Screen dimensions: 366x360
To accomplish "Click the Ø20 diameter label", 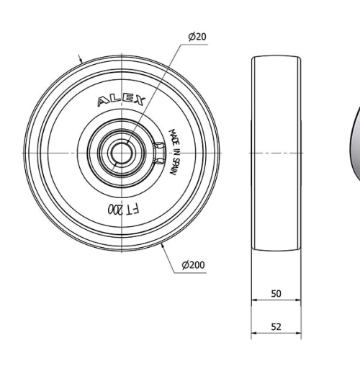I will coord(197,37).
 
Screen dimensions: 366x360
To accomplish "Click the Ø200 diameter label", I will coord(193,265).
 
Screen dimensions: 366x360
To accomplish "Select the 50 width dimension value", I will coord(276,294).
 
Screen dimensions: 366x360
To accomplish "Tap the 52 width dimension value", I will coord(276,326).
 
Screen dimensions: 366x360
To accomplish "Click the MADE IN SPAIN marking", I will coord(174,153).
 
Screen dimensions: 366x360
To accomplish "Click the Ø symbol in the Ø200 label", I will coord(185,265).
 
